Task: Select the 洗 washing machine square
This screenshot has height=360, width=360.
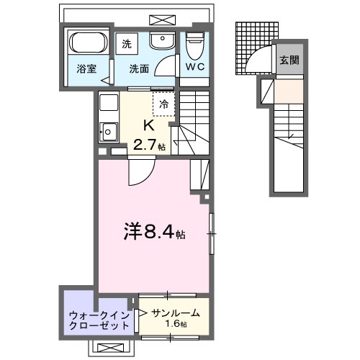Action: [127, 42]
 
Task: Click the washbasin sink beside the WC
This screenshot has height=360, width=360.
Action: [163, 42]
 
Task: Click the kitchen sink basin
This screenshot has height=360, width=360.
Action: [108, 131]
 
